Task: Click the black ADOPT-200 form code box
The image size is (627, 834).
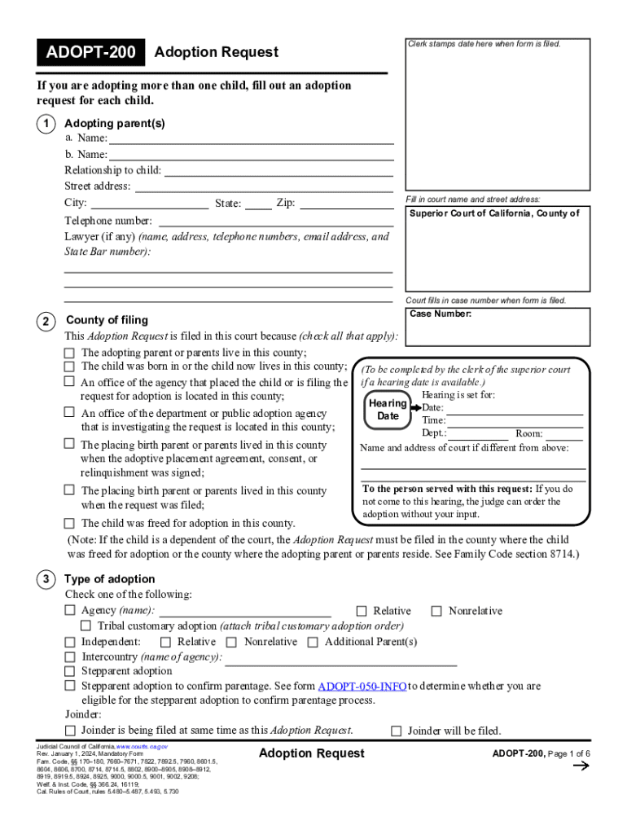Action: [x=90, y=53]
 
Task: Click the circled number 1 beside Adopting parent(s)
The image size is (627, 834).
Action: [x=45, y=124]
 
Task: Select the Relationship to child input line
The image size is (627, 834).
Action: [x=278, y=171]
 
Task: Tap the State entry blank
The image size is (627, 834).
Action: [x=258, y=204]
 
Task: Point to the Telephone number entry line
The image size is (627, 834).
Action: [x=276, y=222]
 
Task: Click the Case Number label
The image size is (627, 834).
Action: [x=441, y=314]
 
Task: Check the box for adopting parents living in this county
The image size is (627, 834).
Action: [x=69, y=353]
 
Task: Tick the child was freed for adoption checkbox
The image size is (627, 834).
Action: [x=69, y=524]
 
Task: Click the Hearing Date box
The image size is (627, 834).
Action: [x=388, y=410]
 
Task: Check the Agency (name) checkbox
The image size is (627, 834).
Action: [x=70, y=611]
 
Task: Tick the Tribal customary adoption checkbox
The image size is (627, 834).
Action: [x=86, y=625]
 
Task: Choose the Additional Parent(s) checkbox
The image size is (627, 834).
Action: [x=313, y=642]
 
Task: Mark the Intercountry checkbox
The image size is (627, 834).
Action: [x=70, y=656]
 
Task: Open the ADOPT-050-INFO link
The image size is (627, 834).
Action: [x=362, y=687]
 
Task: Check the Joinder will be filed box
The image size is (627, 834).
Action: [x=397, y=731]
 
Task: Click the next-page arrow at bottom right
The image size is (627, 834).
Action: [x=581, y=765]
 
